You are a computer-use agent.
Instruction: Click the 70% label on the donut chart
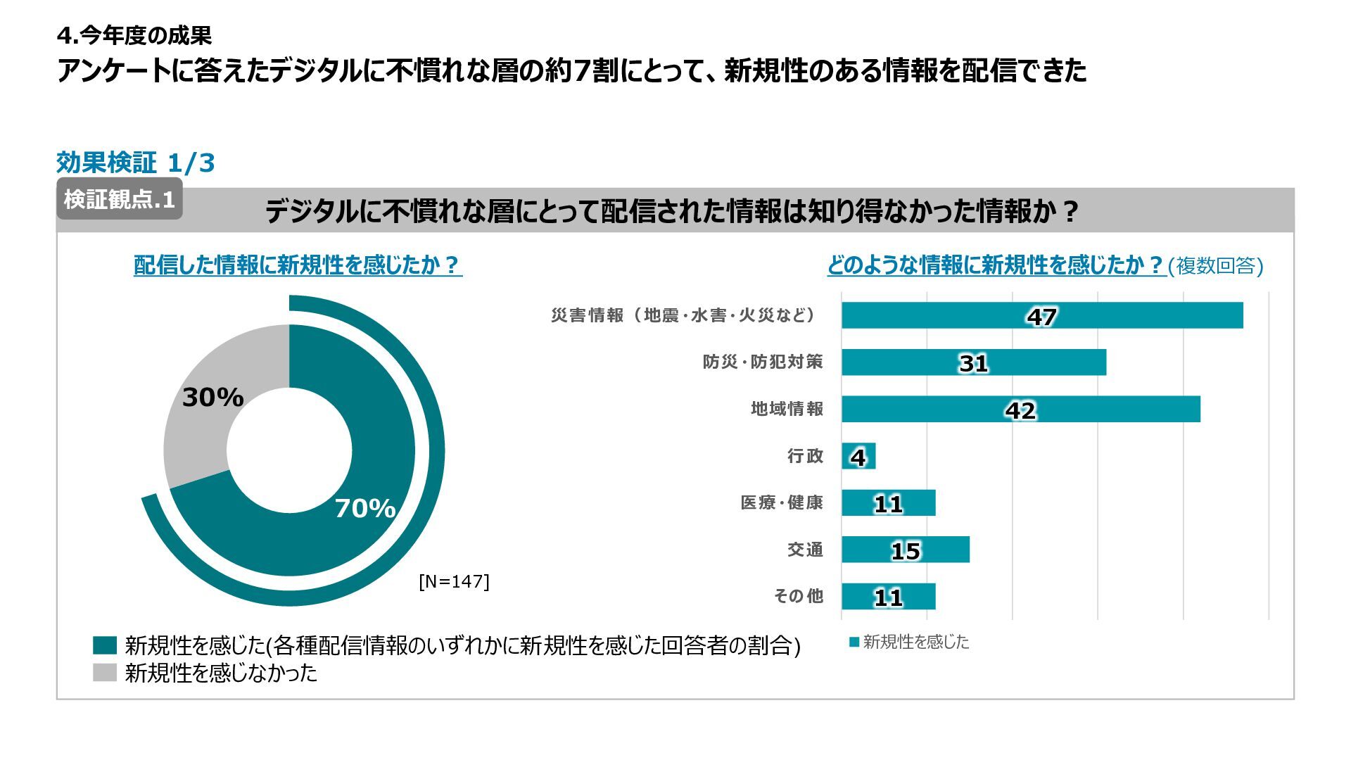[x=364, y=508]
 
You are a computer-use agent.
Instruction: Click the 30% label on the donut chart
[x=213, y=398]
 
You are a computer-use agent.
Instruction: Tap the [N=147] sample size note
[x=454, y=581]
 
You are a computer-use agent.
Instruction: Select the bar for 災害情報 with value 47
[x=1041, y=315]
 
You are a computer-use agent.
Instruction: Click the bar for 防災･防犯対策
[x=973, y=362]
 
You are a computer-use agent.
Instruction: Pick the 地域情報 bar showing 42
[x=1020, y=410]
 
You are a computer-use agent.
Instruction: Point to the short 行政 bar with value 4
[x=858, y=456]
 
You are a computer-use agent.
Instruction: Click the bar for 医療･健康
[x=888, y=503]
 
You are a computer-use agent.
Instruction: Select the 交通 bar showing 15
[x=905, y=550]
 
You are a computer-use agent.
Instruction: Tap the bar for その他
[x=888, y=597]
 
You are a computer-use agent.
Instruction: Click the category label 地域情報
[x=787, y=409]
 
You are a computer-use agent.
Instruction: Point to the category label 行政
[x=805, y=456]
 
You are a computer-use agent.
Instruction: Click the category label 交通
[x=805, y=550]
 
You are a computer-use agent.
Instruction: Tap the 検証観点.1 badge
[x=119, y=199]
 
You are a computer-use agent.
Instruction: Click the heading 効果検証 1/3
[x=135, y=163]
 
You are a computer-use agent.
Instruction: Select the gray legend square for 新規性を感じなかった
[x=104, y=673]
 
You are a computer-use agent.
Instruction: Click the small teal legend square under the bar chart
[x=854, y=642]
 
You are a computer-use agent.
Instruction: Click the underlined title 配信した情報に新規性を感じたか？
[x=298, y=265]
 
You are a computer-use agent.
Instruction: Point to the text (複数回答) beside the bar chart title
[x=1216, y=266]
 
